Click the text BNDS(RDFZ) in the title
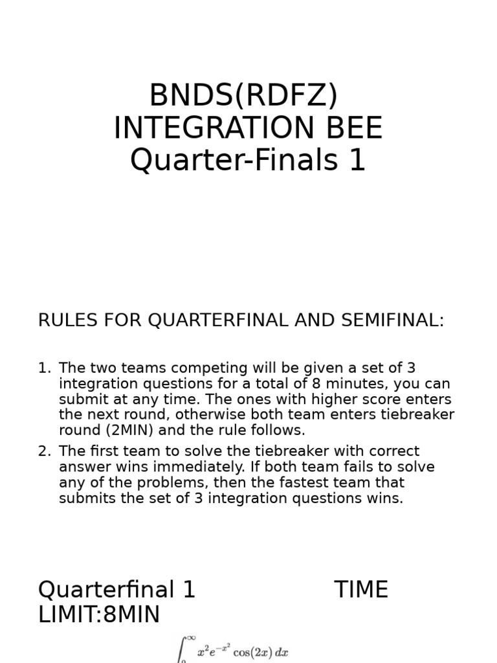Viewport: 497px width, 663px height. [x=243, y=96]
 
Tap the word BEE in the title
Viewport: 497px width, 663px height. [x=353, y=128]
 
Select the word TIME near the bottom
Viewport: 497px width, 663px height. [x=361, y=590]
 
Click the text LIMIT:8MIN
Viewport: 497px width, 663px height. [x=98, y=615]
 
